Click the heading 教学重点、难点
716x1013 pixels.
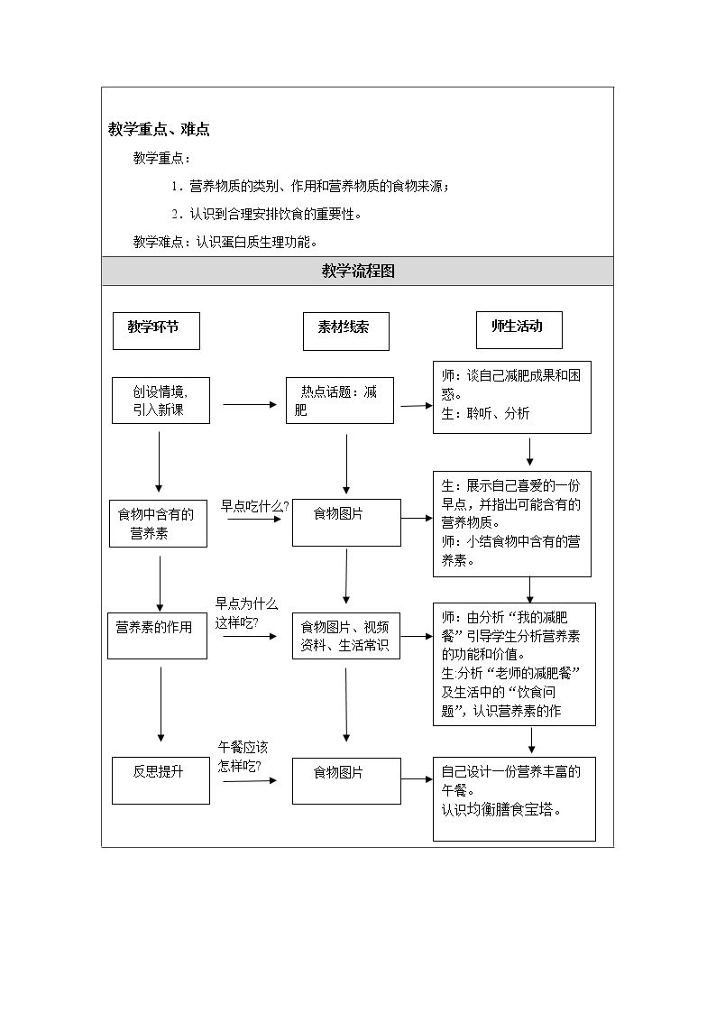[x=159, y=129]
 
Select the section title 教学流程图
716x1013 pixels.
[x=358, y=272]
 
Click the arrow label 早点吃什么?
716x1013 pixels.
[x=254, y=507]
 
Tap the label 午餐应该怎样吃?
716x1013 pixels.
[x=243, y=757]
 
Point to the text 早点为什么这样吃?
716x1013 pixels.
[x=246, y=613]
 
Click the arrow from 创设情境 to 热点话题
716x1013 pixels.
[x=250, y=405]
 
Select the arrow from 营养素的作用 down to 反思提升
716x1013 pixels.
[x=161, y=704]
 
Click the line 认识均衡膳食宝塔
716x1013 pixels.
[x=501, y=809]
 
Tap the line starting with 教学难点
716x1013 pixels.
[x=225, y=243]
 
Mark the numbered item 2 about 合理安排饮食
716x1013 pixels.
[x=267, y=214]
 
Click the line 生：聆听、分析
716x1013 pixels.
[x=485, y=413]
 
